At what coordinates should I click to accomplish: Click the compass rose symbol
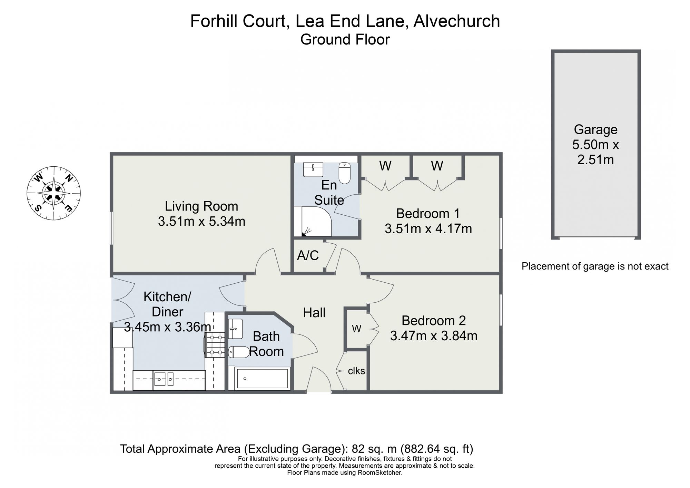coord(54,193)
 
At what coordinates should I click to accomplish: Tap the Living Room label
coord(201,206)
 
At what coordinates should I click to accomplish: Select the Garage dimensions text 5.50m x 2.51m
coord(595,152)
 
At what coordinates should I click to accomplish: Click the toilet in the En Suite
coord(345,173)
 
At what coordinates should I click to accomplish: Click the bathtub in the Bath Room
coord(262,379)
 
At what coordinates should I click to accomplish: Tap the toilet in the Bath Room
coord(239,352)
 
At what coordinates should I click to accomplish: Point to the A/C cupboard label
coord(308,255)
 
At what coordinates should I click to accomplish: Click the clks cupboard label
coord(356,371)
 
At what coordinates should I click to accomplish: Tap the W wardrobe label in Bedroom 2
coord(356,329)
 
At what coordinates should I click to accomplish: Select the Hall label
coord(314,313)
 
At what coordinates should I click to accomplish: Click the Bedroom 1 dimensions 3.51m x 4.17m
coord(428,228)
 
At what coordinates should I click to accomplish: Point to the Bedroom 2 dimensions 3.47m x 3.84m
coord(434,335)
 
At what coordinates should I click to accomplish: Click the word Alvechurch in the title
coord(457,21)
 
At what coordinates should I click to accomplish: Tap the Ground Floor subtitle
coord(345,39)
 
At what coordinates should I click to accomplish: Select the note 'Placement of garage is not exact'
coord(595,266)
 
